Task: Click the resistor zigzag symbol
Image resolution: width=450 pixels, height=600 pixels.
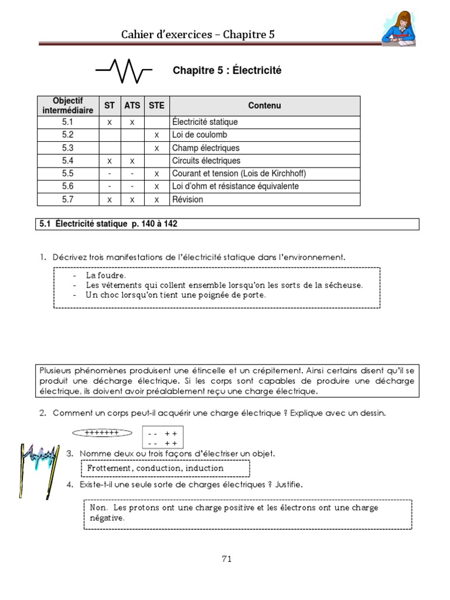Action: click(124, 71)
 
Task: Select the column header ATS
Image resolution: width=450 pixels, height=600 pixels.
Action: click(132, 105)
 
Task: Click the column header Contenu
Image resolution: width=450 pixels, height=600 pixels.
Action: click(264, 105)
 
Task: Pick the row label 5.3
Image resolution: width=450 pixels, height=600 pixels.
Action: click(68, 148)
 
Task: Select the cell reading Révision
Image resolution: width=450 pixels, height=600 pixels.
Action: click(187, 199)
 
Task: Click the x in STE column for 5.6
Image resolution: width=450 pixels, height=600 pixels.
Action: click(156, 186)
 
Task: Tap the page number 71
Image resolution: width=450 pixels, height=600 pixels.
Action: click(227, 558)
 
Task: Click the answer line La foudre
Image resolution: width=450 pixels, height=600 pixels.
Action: click(105, 275)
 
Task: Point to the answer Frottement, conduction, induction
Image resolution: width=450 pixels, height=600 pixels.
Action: click(155, 468)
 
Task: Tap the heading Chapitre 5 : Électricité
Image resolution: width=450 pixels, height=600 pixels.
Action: click(227, 70)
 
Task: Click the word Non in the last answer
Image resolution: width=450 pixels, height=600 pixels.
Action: click(98, 507)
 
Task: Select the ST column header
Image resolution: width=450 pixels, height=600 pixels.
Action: click(110, 105)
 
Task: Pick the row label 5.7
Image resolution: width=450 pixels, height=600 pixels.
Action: click(68, 199)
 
